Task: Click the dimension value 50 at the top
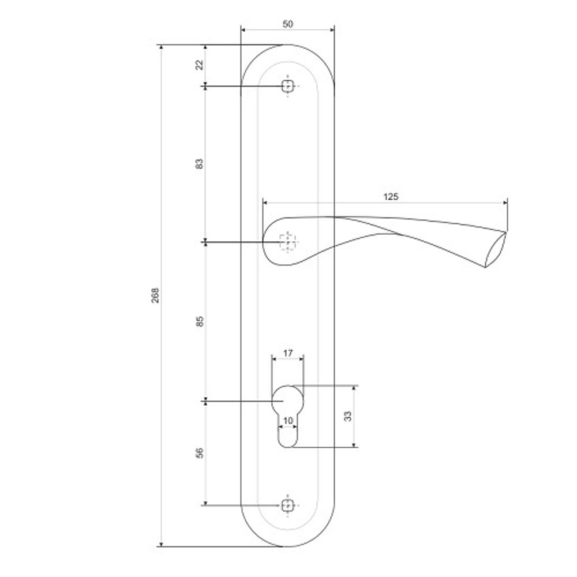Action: [288, 24]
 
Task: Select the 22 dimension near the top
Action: [200, 65]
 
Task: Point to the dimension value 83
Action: [200, 164]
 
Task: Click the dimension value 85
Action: [200, 321]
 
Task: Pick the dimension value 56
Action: [200, 453]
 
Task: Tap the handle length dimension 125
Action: [391, 196]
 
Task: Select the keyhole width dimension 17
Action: [288, 352]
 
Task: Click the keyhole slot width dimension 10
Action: [288, 420]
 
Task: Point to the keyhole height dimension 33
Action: [347, 416]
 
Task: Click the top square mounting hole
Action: [287, 87]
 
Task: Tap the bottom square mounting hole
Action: [287, 505]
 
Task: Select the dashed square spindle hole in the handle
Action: [287, 242]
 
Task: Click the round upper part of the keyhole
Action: [287, 399]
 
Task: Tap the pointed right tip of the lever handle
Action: [505, 233]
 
